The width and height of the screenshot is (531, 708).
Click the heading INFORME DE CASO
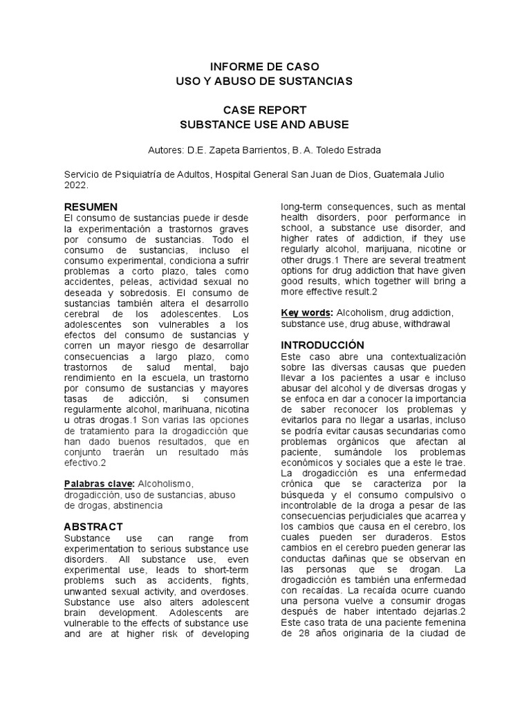(x=265, y=67)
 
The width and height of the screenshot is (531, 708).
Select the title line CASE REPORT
(x=265, y=111)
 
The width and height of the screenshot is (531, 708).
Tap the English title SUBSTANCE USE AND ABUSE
(x=265, y=124)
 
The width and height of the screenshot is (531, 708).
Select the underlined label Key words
(x=306, y=313)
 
